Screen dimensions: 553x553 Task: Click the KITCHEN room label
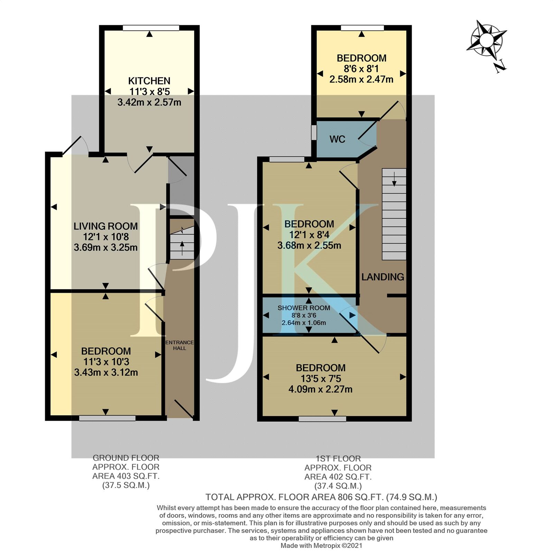[x=149, y=81]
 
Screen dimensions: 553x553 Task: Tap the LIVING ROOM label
[x=105, y=226]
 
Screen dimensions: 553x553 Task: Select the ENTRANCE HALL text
[x=179, y=345]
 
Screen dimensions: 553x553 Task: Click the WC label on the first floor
[x=337, y=139]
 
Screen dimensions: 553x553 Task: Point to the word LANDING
[x=383, y=277]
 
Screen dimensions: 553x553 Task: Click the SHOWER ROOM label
[x=303, y=308]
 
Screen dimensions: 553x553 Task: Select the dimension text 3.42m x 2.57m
[x=149, y=102]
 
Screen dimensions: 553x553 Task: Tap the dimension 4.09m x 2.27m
[x=320, y=390]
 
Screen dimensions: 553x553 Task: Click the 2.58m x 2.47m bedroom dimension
[x=361, y=79]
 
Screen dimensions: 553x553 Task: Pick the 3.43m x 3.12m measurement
[x=106, y=373]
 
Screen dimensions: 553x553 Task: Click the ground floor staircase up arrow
[x=182, y=247]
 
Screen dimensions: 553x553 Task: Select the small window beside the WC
[x=314, y=132]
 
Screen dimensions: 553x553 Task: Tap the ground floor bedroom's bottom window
[x=107, y=418]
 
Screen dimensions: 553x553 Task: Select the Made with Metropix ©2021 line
[x=321, y=546]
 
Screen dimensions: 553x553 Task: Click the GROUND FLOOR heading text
[x=126, y=458]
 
